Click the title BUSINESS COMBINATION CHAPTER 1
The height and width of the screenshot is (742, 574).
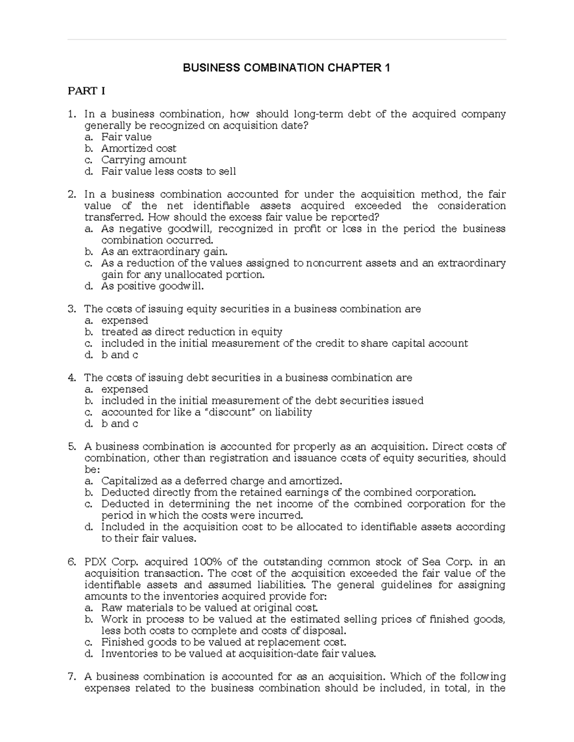[287, 68]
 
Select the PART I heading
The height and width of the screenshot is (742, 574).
[86, 91]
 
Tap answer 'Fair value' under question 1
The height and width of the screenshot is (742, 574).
[126, 137]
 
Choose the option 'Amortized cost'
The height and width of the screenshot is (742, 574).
[139, 149]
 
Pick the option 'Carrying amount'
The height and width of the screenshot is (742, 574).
[143, 160]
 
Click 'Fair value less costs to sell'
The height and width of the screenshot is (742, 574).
[168, 172]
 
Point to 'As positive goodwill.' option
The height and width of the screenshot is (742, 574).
[153, 286]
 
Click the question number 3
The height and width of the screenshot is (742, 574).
[71, 309]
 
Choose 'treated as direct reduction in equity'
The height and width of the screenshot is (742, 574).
[191, 332]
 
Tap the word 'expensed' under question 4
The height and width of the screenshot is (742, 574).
[124, 389]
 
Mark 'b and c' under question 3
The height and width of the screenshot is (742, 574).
[120, 355]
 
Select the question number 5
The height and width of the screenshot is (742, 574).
[71, 447]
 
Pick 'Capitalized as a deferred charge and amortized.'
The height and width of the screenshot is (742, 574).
[221, 481]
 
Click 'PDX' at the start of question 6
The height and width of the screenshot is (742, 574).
[95, 562]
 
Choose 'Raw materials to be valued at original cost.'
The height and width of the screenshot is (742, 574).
[210, 608]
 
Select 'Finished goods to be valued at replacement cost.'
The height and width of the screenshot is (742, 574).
[223, 642]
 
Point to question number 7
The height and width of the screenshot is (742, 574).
[71, 677]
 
